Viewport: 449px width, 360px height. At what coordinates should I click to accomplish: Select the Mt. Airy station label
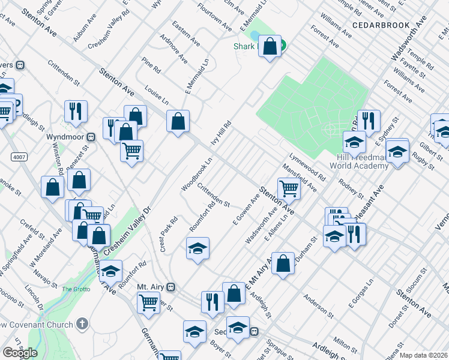click(x=150, y=286)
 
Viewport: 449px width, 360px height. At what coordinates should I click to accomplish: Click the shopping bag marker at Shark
click(x=270, y=47)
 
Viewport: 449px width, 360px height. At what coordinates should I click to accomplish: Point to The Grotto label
click(x=76, y=289)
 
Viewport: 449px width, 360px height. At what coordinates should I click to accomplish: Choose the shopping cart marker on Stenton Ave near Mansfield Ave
click(x=289, y=188)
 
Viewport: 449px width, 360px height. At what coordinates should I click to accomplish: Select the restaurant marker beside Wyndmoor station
click(x=76, y=111)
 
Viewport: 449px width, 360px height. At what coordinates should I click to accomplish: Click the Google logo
click(x=20, y=353)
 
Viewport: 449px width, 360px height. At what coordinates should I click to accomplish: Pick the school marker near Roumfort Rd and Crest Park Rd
click(x=197, y=248)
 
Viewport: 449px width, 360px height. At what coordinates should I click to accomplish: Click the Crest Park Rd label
click(x=167, y=233)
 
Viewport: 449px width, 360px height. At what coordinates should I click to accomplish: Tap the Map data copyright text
click(x=423, y=355)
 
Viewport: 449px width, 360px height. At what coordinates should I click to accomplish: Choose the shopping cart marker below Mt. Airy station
click(x=148, y=303)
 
